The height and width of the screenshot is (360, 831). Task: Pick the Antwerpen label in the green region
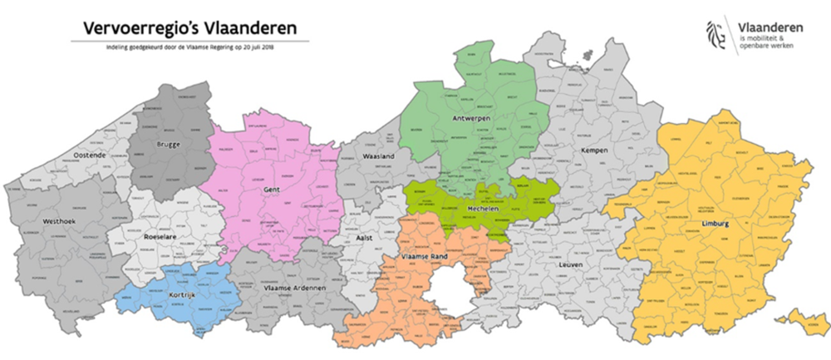469,119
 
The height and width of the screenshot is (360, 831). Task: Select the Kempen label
595,150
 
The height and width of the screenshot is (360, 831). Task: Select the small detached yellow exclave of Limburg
804,326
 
